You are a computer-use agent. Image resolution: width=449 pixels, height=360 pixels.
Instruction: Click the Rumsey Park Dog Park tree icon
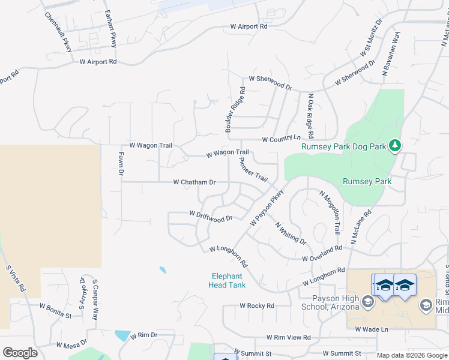[394, 145]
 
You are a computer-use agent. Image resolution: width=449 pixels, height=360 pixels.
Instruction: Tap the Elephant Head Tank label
[228, 281]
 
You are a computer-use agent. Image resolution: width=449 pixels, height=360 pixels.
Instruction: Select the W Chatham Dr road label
[194, 182]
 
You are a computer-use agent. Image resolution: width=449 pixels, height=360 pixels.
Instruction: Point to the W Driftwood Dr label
[210, 216]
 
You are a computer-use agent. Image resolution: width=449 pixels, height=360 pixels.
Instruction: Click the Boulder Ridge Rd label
[235, 110]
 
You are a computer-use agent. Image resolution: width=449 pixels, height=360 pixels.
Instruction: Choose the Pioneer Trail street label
[253, 170]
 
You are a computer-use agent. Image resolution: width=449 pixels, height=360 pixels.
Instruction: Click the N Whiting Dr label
[291, 233]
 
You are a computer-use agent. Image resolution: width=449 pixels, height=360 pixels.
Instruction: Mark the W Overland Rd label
[322, 253]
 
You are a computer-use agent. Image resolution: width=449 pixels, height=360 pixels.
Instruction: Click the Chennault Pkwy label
[58, 32]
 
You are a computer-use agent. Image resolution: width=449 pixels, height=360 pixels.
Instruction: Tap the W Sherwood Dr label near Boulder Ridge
[270, 83]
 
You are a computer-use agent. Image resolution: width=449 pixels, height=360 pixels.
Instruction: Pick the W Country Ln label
[281, 139]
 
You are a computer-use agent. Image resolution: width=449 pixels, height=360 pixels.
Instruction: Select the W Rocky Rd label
[256, 305]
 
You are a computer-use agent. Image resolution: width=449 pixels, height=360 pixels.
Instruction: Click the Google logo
[20, 353]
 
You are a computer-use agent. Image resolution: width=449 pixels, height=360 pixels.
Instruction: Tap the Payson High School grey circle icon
[368, 301]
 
